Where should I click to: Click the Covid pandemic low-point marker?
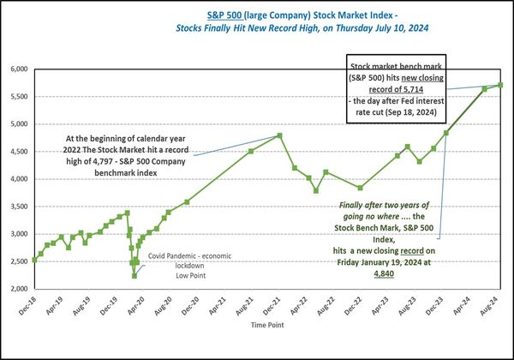pos(134,275)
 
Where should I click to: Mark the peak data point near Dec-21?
pos(280,135)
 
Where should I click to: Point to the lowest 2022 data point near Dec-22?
pos(360,188)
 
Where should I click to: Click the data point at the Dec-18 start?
pos(34,260)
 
